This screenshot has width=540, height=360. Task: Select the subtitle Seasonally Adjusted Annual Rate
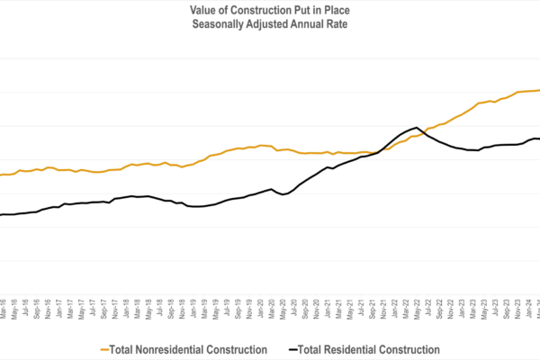[269, 23]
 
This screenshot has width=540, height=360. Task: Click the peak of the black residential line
[417, 128]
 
